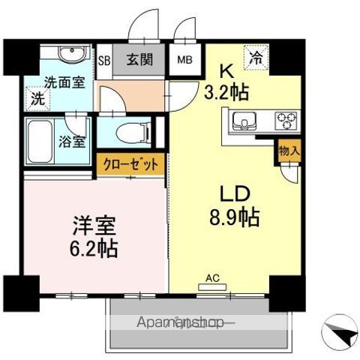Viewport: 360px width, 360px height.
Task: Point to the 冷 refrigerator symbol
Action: click(256, 55)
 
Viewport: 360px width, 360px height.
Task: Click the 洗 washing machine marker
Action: click(35, 97)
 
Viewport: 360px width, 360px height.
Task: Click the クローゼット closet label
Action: click(128, 164)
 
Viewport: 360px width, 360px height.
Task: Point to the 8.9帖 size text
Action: click(235, 218)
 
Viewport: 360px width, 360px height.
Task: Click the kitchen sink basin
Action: click(244, 120)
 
